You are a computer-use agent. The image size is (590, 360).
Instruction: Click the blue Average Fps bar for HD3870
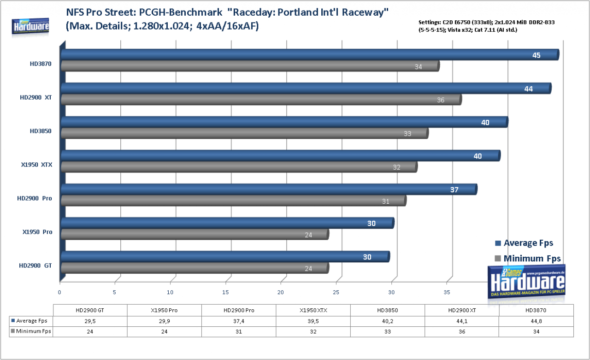(x=310, y=55)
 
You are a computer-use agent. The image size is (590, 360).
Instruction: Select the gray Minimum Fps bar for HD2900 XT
(x=261, y=100)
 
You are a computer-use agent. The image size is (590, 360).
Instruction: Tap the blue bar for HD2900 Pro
(x=269, y=189)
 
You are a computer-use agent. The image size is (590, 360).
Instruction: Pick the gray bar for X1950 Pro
(x=195, y=234)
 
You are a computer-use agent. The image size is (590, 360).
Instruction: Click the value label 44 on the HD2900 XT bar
(x=528, y=89)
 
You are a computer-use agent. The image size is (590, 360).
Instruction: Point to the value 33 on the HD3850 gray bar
(x=407, y=134)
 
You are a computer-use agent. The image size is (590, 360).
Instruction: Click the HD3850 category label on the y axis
(x=41, y=131)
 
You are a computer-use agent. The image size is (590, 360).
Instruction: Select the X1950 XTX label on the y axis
(x=36, y=165)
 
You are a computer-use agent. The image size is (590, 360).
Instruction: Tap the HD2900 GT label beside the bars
(x=35, y=266)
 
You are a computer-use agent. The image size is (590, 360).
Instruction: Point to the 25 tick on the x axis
(x=336, y=292)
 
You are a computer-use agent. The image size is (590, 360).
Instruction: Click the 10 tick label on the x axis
(x=170, y=292)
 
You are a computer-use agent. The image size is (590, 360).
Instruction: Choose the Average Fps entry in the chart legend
(x=524, y=243)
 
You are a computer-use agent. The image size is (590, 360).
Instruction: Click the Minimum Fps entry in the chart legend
(x=528, y=258)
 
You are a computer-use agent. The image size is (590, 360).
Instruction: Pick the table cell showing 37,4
(x=239, y=321)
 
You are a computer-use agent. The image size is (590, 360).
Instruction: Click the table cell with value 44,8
(x=536, y=321)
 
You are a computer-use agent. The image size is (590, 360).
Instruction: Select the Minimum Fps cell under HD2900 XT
(x=462, y=332)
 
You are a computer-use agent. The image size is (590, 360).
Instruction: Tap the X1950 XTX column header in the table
(x=313, y=311)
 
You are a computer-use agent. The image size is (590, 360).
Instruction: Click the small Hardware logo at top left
(x=30, y=26)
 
